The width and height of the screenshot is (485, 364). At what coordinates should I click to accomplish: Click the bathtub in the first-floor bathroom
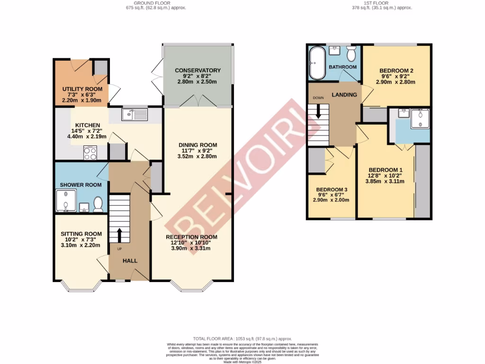316,63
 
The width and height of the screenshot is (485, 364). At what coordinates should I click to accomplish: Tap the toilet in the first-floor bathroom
351,55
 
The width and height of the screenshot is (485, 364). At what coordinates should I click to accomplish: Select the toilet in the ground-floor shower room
99,204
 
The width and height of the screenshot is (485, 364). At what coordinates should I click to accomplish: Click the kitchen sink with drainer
135,114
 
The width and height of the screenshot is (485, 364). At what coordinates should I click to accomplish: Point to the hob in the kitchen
90,153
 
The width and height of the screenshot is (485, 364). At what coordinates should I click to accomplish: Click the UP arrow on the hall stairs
118,234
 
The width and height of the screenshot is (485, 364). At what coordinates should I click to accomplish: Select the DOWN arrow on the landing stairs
318,110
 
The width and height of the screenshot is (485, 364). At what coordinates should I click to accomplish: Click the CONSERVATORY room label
198,71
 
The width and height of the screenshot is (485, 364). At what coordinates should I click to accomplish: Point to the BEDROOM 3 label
332,190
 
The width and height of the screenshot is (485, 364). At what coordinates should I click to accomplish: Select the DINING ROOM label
198,145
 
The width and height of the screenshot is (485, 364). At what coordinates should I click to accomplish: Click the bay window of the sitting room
81,287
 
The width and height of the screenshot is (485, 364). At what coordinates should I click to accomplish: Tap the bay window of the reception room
191,287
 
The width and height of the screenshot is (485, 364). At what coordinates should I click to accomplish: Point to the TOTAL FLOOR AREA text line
242,338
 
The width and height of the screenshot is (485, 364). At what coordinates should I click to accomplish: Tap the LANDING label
344,95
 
